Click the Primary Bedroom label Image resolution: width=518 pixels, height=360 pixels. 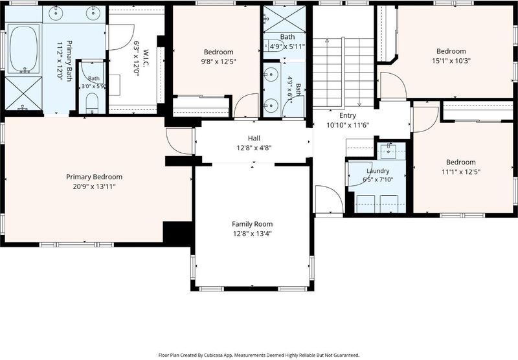coord(94,177)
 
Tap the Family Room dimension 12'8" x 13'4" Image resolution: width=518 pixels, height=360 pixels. coord(252,234)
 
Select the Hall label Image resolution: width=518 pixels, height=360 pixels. coord(254,138)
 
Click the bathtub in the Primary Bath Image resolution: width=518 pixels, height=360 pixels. coord(23,48)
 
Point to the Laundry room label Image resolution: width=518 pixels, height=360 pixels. coord(378,171)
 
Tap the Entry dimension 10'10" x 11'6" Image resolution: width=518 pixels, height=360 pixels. coord(348,125)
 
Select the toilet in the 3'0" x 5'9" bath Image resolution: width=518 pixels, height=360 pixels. coord(92,102)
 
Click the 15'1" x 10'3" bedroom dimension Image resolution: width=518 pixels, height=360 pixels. coord(451,61)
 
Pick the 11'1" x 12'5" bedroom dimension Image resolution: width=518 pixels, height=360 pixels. coord(461,172)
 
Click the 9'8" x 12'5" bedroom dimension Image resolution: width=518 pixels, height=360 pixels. coord(219,62)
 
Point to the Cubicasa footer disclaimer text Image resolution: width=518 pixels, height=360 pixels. coord(258,355)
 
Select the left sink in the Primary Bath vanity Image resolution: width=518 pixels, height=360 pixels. coord(56,14)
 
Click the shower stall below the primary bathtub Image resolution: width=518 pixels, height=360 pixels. coord(23,93)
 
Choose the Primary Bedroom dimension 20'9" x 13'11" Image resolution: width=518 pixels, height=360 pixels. coord(94,187)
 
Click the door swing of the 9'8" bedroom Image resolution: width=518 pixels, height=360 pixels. coord(246,105)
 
